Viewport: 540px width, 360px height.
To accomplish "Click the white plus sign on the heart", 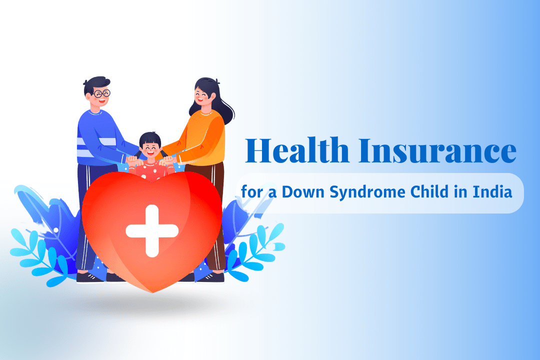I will coord(152,230).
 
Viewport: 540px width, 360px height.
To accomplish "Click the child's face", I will coord(149,147).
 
